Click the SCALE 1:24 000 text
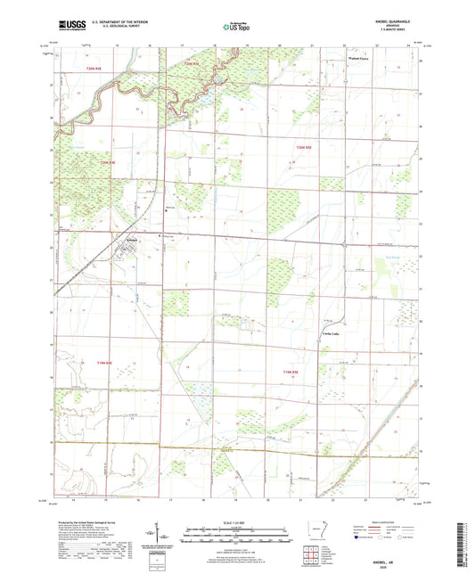(x=237, y=522)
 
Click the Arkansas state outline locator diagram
(x=315, y=532)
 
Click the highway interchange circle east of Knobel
(x=344, y=243)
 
